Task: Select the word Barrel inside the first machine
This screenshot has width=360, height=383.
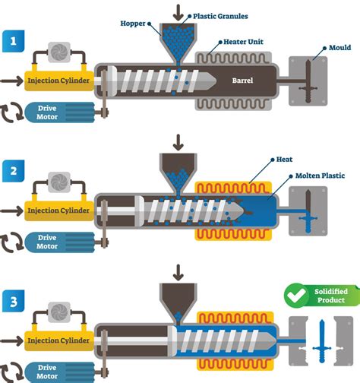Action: pyautogui.click(x=245, y=80)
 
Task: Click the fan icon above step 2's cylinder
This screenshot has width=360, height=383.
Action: pyautogui.click(x=58, y=181)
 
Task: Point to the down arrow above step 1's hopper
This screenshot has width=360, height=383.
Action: pyautogui.click(x=178, y=11)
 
